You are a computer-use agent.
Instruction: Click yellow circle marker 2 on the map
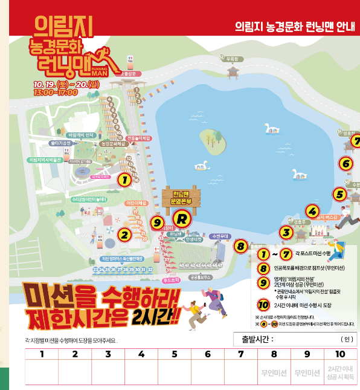point(124,235)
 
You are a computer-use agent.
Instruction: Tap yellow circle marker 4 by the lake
point(312,210)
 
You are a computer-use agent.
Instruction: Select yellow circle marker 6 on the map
point(346,163)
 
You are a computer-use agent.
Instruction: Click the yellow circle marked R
point(179,218)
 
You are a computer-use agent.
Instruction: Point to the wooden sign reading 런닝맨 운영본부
point(178,196)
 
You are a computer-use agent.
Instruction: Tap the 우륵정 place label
point(230,59)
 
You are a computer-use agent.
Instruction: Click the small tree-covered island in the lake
point(210,139)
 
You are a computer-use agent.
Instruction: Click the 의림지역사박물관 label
point(45,160)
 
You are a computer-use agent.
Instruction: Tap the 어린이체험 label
point(137,203)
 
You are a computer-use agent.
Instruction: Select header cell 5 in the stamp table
point(175,354)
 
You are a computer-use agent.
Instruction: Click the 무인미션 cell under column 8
point(274,373)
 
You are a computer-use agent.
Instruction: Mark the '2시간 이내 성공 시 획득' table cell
point(341,373)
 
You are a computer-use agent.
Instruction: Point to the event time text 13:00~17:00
point(56,93)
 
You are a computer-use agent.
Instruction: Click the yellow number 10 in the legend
point(263,305)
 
